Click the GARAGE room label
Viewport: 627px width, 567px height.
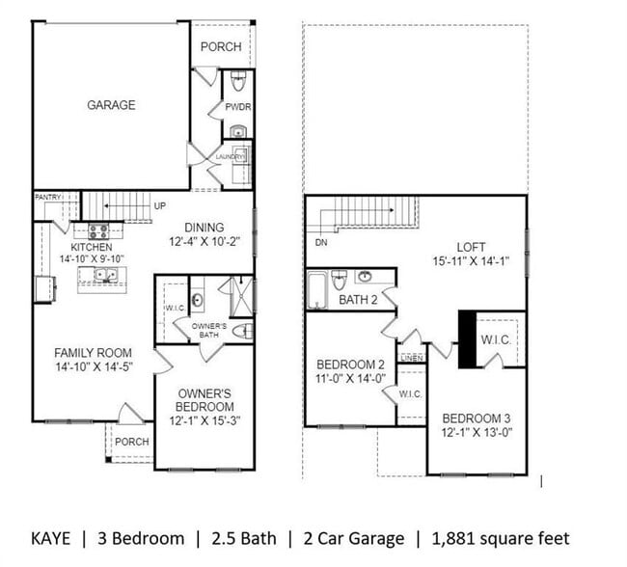tap(112, 105)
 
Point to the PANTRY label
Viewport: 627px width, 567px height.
tap(48, 197)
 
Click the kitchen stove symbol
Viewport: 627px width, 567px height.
tap(98, 231)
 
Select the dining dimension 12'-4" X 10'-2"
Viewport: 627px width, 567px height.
tap(203, 242)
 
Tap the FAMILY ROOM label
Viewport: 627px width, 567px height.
tap(93, 353)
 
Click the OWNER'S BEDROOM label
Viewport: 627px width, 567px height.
tap(204, 400)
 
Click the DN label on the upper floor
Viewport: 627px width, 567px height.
tap(321, 243)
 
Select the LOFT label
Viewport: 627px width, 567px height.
tap(470, 247)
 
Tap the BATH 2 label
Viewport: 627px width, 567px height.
tap(359, 301)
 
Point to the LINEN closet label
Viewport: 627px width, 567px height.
tap(412, 358)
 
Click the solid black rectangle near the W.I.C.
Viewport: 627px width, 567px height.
tap(468, 339)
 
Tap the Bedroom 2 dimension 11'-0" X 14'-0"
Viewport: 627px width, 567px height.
tap(351, 379)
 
